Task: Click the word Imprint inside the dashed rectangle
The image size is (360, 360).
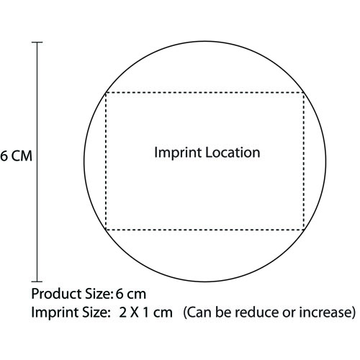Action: [178, 153]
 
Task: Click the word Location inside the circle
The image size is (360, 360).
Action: [233, 153]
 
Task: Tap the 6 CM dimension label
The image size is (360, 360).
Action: [16, 156]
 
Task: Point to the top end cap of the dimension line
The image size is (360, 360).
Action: [37, 42]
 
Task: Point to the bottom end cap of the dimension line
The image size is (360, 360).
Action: [37, 282]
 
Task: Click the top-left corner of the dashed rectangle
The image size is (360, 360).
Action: [106, 93]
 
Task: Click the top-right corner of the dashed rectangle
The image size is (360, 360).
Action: [304, 93]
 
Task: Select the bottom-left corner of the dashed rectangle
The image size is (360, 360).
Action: [106, 230]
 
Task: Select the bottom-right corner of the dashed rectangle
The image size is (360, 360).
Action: [304, 230]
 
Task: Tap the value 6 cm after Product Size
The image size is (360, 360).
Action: [131, 294]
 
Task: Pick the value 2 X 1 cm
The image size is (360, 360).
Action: [145, 312]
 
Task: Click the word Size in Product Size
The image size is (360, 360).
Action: [99, 294]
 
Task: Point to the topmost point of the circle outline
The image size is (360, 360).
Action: [205, 41]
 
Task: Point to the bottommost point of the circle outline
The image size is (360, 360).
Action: [205, 282]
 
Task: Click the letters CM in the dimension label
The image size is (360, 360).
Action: [22, 156]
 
